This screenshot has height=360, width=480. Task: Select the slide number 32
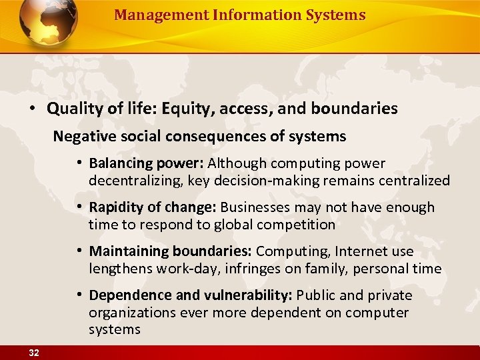[33, 353]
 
